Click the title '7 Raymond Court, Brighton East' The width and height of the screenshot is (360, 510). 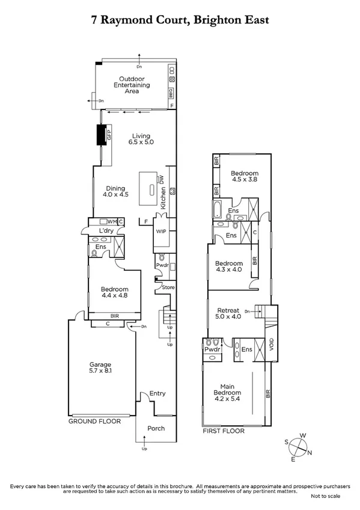tap(180, 20)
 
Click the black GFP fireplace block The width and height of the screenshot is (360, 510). tap(102, 135)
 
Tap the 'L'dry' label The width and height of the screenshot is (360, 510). tap(106, 230)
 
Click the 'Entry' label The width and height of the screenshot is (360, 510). tap(157, 393)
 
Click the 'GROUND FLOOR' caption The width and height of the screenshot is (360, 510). tap(94, 422)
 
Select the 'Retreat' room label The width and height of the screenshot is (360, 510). tap(229, 308)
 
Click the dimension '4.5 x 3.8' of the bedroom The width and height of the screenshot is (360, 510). tap(245, 180)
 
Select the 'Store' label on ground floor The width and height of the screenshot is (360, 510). tap(169, 287)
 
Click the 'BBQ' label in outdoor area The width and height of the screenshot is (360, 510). tap(171, 93)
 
